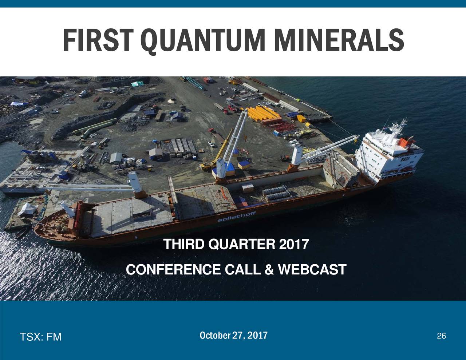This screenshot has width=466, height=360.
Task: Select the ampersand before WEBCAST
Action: click(269, 270)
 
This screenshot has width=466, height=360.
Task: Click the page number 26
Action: click(441, 336)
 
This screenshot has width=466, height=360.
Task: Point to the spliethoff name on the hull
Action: click(237, 217)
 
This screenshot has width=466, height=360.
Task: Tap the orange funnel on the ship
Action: click(403, 142)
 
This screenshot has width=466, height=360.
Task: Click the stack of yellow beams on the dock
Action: click(264, 114)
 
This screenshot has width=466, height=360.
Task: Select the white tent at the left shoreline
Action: click(28, 209)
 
